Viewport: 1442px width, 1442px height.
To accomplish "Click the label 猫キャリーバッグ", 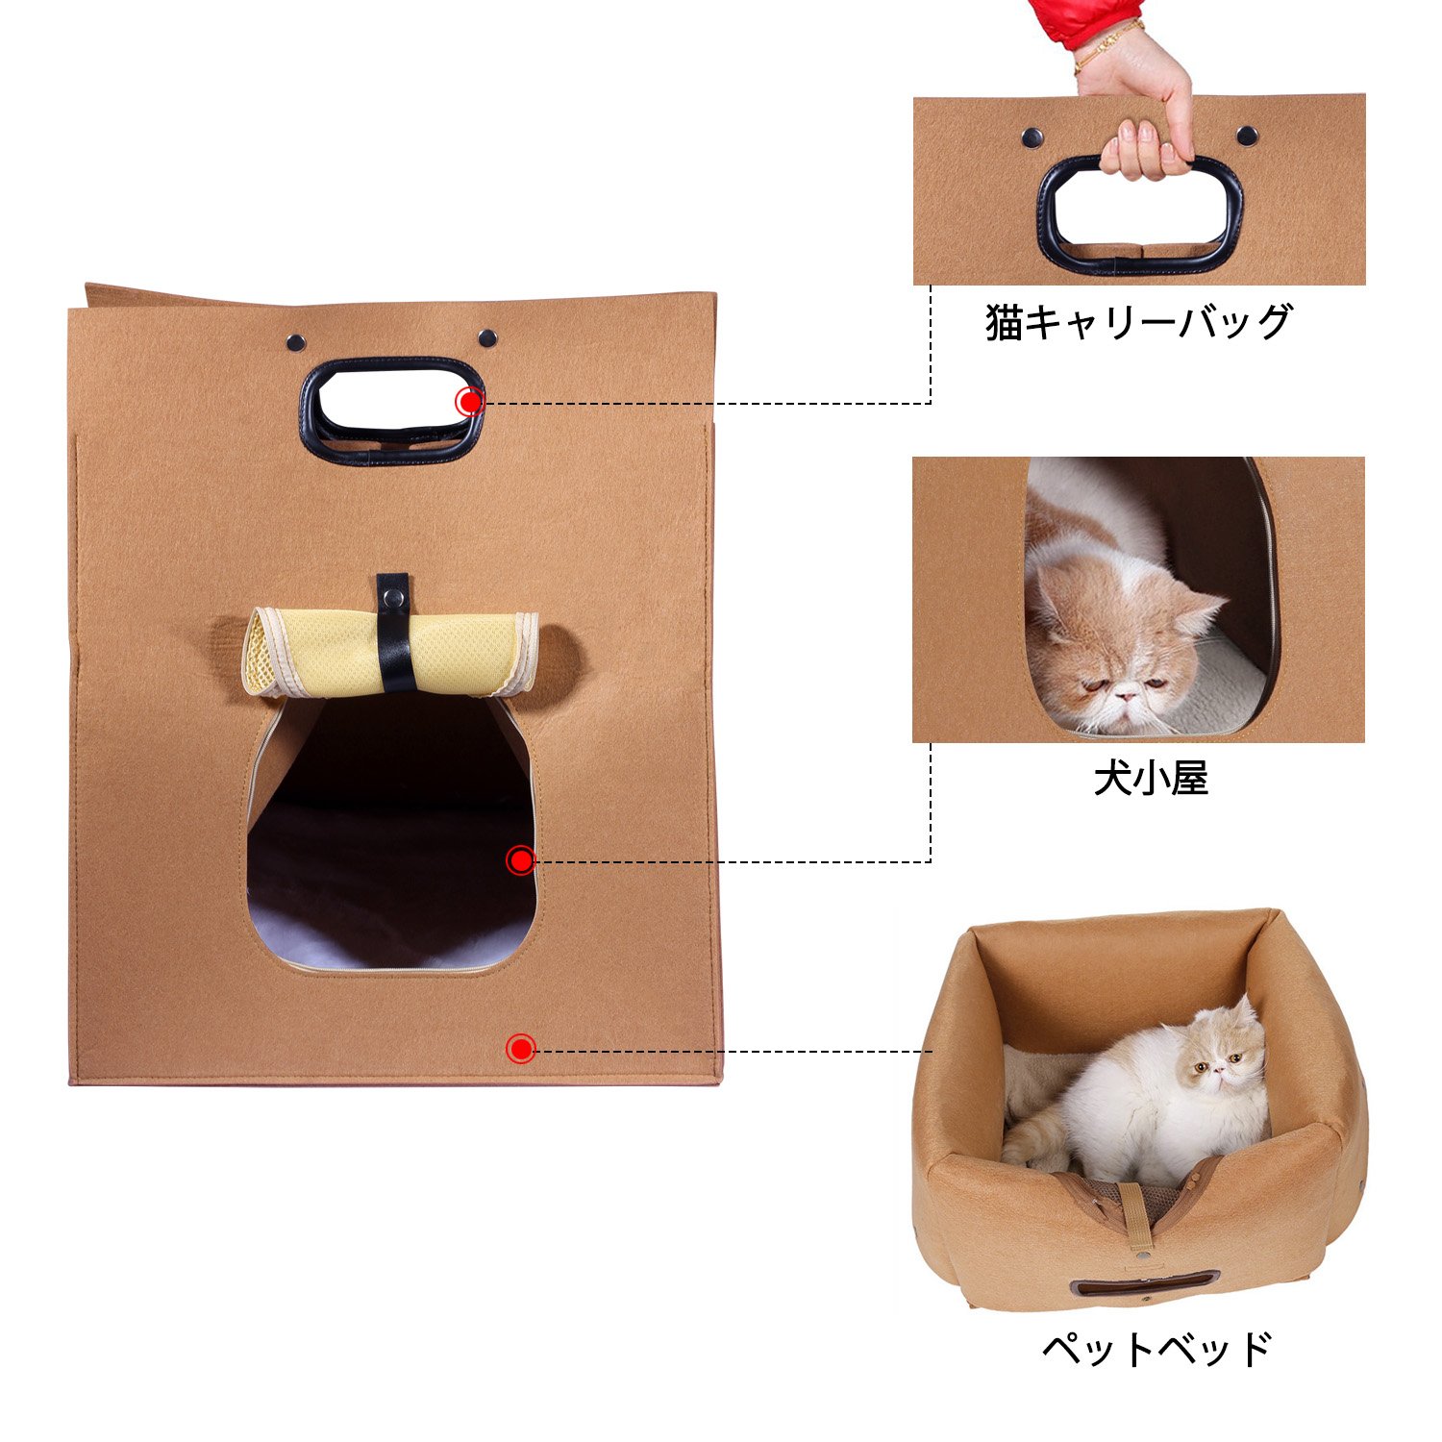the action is pos(1138,323).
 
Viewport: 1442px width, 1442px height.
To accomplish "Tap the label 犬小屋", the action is pos(1151,779).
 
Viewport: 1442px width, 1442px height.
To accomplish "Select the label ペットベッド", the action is pos(1157,1349).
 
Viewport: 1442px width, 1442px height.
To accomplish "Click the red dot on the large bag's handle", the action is pos(469,402).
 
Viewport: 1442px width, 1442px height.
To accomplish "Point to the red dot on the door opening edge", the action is pos(520,860).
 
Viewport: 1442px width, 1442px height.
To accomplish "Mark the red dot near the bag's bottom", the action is pos(520,1049).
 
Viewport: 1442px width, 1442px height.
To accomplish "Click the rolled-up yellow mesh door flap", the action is pos(389,653).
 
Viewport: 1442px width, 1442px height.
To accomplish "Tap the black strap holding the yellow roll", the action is pos(394,632).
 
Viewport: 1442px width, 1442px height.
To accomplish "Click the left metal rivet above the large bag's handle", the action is pos(295,340).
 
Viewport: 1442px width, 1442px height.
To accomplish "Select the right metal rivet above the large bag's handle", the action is pos(487,337).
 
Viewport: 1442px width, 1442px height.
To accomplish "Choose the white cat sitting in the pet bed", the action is pos(1144,1096).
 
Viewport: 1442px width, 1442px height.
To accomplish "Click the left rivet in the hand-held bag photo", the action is pos(1032,137).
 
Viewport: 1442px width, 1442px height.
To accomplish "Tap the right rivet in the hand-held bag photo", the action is pos(1247,135).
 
